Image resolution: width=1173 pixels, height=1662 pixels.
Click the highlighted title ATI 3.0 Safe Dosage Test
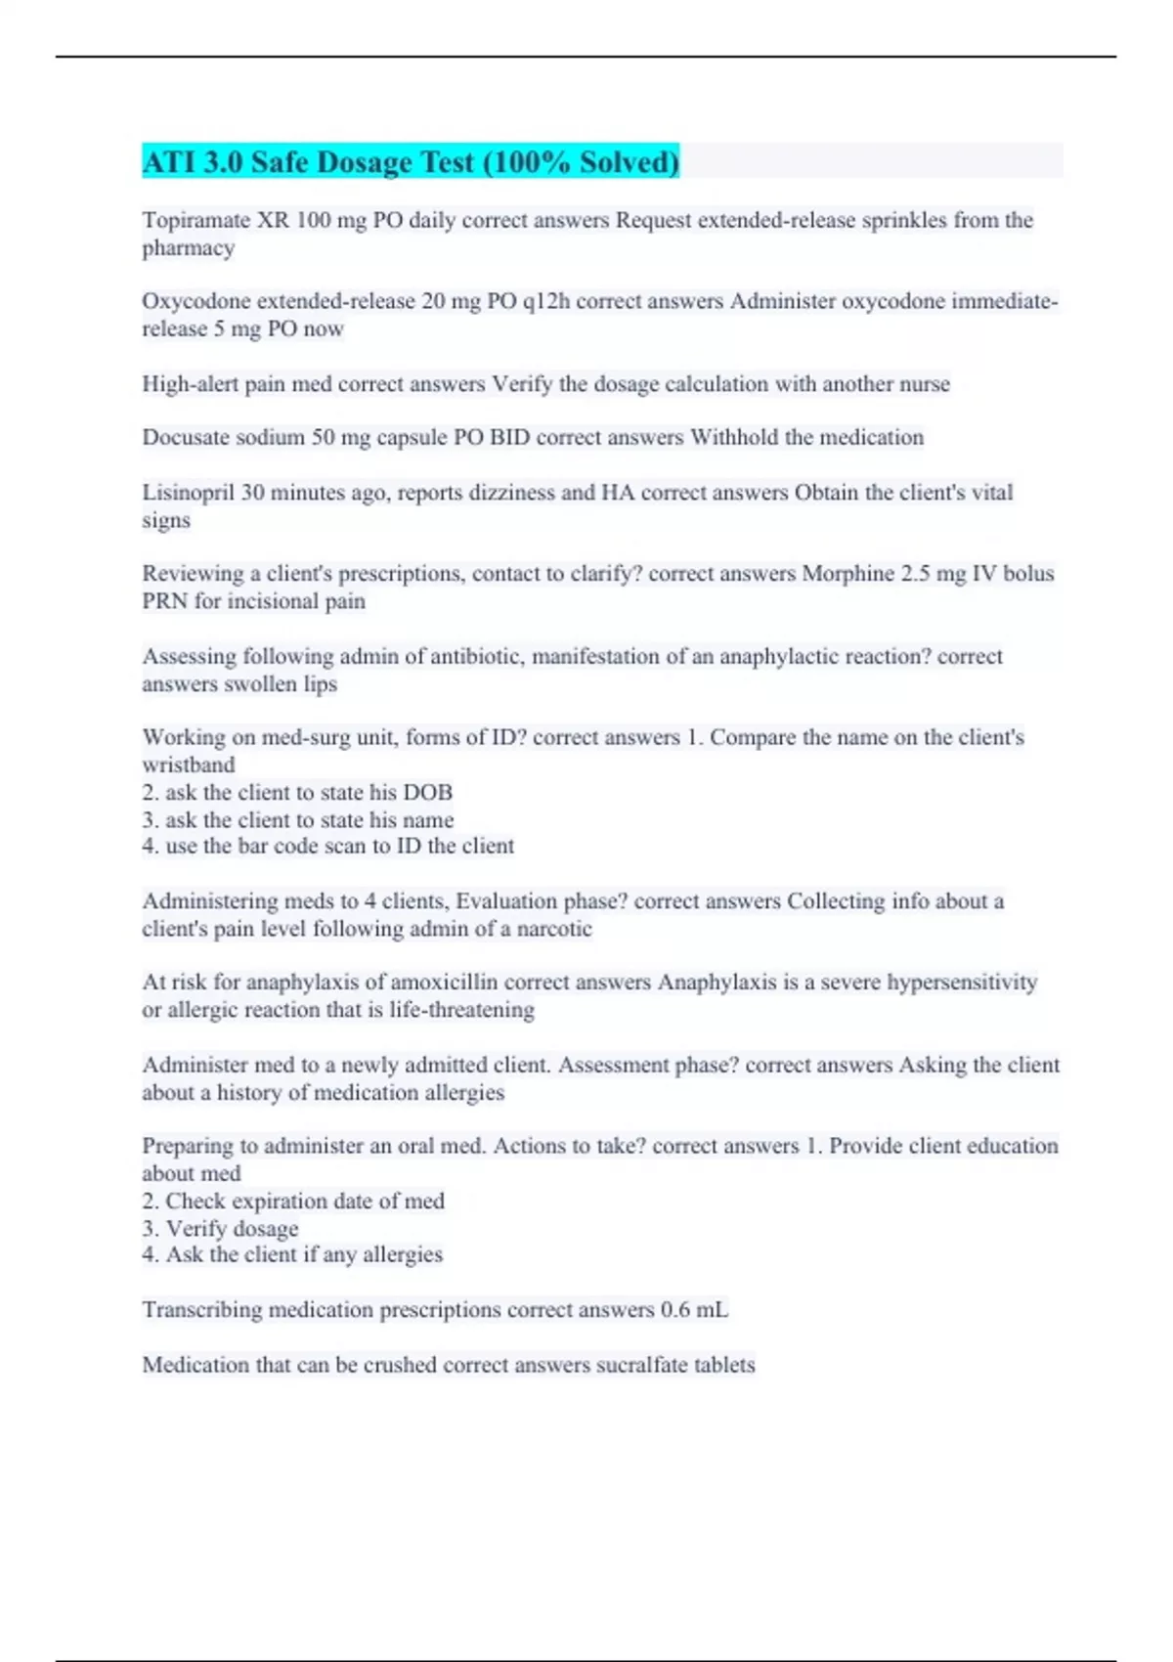pyautogui.click(x=411, y=162)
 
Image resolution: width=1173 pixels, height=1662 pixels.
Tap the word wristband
pyautogui.click(x=189, y=765)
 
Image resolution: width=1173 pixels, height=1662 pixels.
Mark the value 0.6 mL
pyautogui.click(x=694, y=1309)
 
